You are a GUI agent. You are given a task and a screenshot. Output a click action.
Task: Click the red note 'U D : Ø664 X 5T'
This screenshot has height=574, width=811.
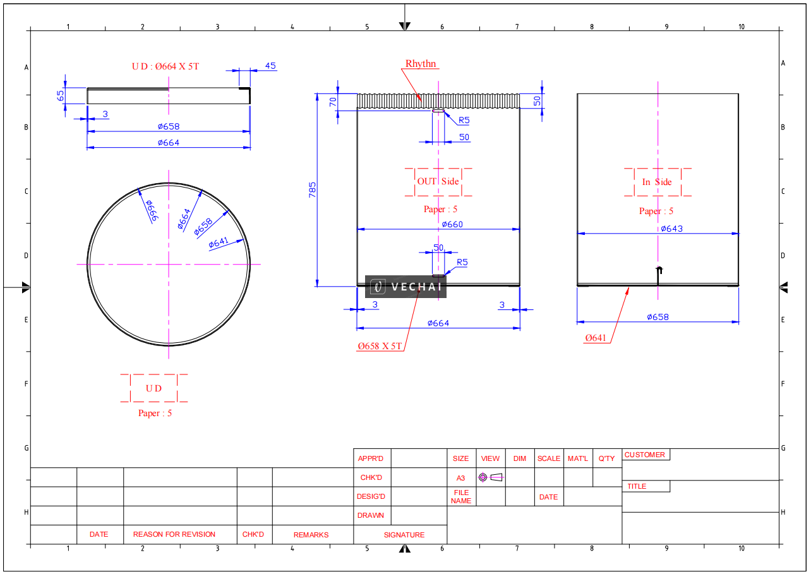(x=165, y=66)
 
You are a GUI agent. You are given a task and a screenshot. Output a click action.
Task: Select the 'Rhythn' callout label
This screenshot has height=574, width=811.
(x=421, y=64)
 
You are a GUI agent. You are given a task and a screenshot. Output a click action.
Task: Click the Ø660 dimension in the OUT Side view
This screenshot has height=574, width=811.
(x=452, y=224)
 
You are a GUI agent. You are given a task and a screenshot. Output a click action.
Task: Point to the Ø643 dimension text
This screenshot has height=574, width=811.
(x=671, y=229)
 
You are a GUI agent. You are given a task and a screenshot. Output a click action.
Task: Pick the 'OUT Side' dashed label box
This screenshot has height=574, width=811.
(x=438, y=182)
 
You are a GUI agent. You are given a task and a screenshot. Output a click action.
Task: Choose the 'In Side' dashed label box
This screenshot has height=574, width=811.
(x=657, y=182)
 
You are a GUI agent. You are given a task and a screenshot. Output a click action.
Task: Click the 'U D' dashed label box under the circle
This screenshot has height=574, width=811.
(x=154, y=388)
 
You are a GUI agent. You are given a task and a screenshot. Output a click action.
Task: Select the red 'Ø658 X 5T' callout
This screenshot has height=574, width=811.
(x=380, y=346)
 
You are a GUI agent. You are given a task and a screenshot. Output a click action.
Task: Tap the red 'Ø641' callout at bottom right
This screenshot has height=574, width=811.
(x=596, y=338)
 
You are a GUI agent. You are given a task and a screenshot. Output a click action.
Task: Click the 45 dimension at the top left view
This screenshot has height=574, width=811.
(x=270, y=66)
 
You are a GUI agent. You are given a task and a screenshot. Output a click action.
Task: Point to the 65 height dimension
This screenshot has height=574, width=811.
(x=61, y=95)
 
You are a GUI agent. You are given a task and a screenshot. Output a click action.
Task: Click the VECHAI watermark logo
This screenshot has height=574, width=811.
(x=405, y=287)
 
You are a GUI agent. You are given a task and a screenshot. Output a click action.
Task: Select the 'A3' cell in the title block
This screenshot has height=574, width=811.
(x=461, y=478)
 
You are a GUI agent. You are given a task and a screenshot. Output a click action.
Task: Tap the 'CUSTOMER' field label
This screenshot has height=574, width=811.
(x=644, y=455)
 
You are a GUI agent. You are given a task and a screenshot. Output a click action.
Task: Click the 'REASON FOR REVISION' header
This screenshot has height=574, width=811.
(x=174, y=534)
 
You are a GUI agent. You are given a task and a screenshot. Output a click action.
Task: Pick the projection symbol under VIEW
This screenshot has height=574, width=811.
(x=491, y=477)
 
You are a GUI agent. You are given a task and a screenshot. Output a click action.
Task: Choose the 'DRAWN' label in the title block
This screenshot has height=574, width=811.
(x=371, y=515)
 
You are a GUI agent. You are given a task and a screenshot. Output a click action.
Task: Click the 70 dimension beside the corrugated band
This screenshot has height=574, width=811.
(x=333, y=102)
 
